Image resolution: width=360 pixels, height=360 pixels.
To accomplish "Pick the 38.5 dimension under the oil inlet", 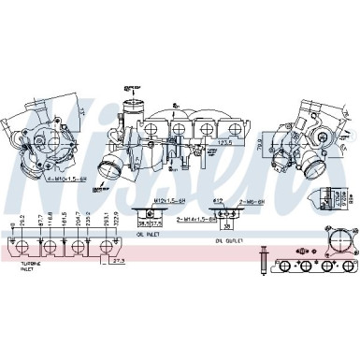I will [140, 223].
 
